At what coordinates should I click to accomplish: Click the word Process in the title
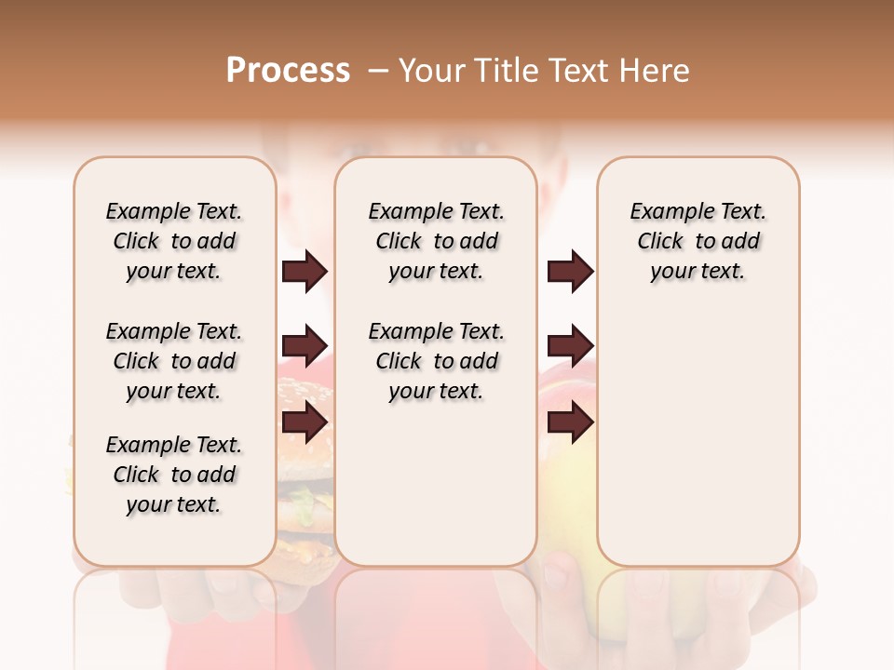[x=288, y=71]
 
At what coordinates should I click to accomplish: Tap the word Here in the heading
[x=655, y=71]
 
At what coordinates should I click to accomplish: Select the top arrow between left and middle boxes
[x=305, y=272]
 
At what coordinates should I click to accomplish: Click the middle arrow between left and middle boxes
[x=305, y=347]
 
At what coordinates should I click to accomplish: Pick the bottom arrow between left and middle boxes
[x=305, y=422]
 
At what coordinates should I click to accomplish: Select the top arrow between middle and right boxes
[x=570, y=272]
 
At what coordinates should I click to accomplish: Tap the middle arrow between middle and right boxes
[x=570, y=347]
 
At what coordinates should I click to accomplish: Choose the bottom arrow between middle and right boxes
[x=570, y=422]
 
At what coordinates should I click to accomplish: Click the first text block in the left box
[x=174, y=241]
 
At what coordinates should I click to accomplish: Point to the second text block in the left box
[x=174, y=361]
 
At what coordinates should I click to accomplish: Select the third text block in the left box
[x=174, y=475]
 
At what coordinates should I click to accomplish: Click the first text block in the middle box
[x=436, y=241]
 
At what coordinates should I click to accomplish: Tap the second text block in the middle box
[x=436, y=361]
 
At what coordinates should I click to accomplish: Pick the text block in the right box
[x=698, y=241]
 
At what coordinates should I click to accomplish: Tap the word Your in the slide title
[x=434, y=71]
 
